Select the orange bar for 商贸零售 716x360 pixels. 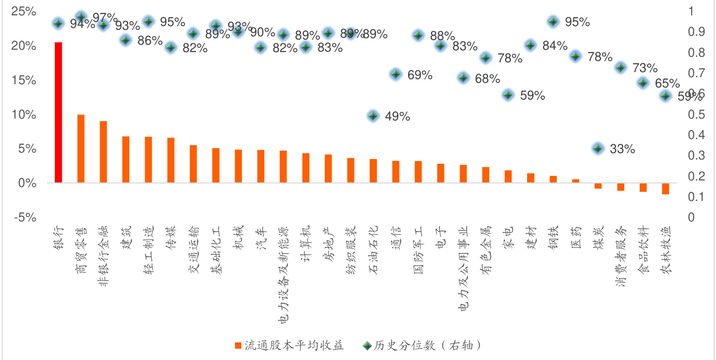(80, 149)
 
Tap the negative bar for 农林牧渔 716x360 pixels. (665, 188)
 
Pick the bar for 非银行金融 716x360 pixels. (103, 152)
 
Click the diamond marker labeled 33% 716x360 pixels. (598, 148)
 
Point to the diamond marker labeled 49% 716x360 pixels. (373, 116)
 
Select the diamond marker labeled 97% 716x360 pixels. (80, 17)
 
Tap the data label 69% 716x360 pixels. (420, 75)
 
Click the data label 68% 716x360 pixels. (487, 79)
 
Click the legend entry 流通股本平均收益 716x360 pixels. (288, 345)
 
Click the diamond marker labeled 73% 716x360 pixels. (620, 67)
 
